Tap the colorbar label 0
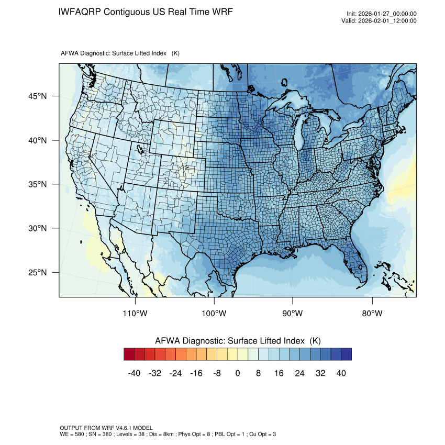[238, 373]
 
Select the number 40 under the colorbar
[341, 373]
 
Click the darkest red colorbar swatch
[129, 354]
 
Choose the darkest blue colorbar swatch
[346, 354]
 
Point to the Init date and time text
[382, 14]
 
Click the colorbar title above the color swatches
[238, 341]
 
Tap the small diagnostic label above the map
[120, 53]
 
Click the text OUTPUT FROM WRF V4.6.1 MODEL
[106, 428]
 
